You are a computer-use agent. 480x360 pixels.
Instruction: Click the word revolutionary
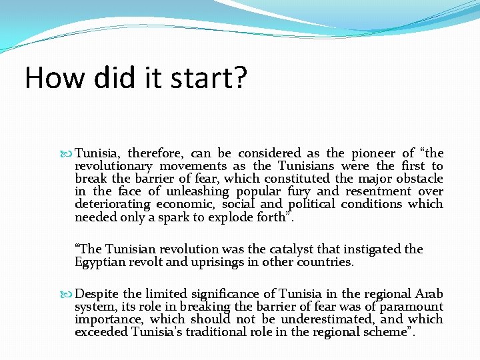[114, 166]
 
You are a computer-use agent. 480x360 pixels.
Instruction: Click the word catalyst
[269, 249]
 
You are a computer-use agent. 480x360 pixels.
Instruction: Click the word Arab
[429, 294]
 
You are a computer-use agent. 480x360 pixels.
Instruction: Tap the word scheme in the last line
[389, 332]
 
